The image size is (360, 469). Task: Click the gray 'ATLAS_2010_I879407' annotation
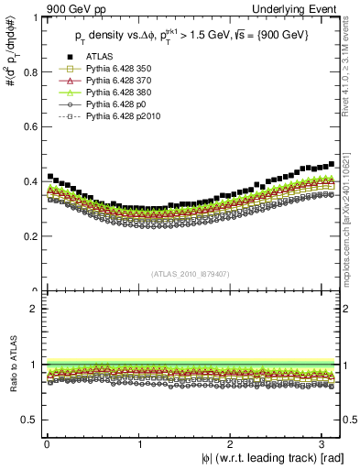190,274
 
